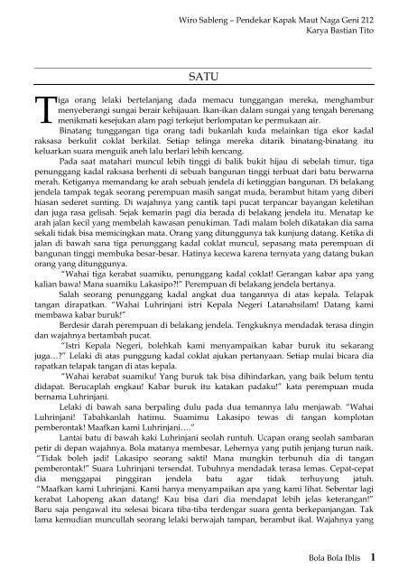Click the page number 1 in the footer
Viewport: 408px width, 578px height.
pos(386,557)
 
